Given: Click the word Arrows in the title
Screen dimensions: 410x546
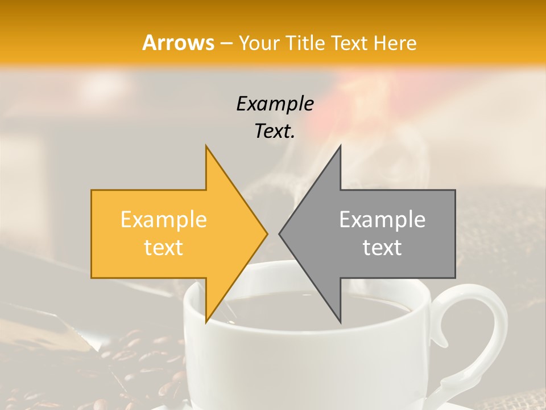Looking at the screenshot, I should tap(178, 43).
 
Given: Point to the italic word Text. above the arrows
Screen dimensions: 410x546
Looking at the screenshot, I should tap(275, 132).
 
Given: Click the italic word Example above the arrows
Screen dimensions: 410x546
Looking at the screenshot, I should tap(275, 104).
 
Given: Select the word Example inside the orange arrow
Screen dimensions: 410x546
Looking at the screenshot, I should tap(164, 219).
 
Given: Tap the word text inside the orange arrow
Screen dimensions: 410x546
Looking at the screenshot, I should tap(164, 248).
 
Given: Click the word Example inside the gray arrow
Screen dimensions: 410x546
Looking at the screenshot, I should tap(382, 219).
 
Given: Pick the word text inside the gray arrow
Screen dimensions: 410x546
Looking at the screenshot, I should tap(382, 248).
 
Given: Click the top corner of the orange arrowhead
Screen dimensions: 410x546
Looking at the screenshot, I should tap(206, 147).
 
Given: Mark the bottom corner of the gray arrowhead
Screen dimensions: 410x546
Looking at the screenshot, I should tap(340, 321).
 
